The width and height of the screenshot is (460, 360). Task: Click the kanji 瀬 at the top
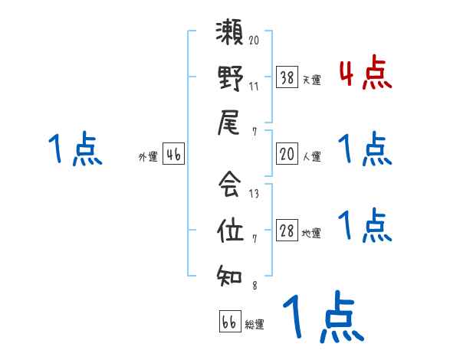[230, 34]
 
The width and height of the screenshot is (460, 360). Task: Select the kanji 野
[230, 79]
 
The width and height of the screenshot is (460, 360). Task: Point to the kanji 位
[230, 229]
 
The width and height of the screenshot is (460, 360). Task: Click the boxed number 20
[286, 154]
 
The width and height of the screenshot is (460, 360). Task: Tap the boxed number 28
[286, 231]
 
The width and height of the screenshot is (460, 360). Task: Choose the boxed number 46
[173, 155]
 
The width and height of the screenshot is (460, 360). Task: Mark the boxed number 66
[229, 322]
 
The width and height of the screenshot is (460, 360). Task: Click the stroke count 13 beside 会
[255, 194]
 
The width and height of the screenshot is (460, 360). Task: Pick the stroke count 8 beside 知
[254, 286]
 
